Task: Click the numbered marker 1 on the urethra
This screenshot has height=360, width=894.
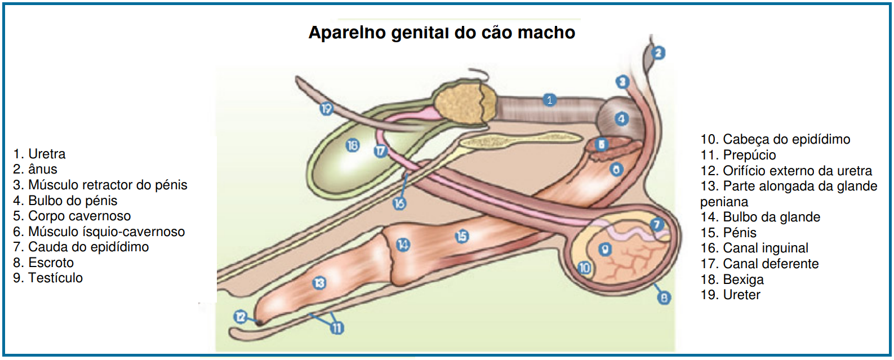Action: coord(550,100)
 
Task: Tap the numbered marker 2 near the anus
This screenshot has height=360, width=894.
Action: coord(659,53)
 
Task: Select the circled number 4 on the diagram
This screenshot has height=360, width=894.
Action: coord(621,119)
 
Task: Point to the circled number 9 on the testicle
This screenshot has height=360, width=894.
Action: coord(605,249)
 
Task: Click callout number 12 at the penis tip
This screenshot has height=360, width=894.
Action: coord(241,317)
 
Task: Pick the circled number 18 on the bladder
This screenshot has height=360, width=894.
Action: coord(352,146)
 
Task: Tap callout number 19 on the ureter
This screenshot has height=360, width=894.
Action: coord(326,108)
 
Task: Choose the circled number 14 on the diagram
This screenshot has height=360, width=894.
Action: coord(403,245)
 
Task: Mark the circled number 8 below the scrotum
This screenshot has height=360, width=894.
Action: coord(664,297)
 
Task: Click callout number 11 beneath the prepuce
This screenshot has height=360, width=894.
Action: coord(337,328)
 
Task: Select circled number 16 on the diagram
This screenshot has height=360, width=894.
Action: coord(399,203)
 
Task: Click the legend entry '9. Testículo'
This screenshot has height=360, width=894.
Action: coord(48,278)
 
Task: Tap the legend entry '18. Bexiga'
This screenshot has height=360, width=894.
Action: coord(732,279)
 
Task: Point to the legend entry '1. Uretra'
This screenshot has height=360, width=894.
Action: coord(39,154)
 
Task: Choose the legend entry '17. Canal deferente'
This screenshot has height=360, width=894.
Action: coord(759,264)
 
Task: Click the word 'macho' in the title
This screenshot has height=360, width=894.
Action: coord(546,33)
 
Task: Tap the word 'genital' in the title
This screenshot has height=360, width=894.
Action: coord(420,33)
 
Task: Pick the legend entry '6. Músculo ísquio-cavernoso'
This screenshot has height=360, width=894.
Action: coord(99,232)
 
